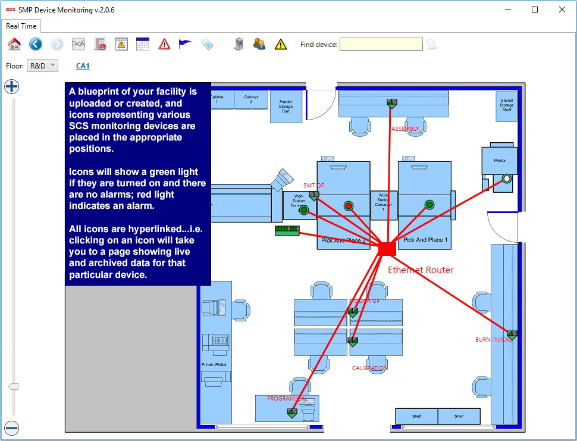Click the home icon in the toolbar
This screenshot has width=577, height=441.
point(14,44)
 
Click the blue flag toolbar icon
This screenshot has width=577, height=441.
point(186,44)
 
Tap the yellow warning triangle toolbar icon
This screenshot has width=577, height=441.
point(281,44)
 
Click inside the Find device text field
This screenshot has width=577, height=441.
point(381,44)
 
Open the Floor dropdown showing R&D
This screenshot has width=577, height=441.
point(43,65)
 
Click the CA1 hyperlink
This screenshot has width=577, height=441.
point(83,66)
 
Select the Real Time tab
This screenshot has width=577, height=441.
point(21,26)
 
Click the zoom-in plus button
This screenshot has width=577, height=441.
point(12,87)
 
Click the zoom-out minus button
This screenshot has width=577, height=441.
point(12,428)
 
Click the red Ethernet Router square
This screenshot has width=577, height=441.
point(387,248)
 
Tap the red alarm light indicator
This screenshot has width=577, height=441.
point(349,206)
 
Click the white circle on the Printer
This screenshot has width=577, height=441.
point(507,178)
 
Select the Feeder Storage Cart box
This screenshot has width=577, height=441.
point(286,107)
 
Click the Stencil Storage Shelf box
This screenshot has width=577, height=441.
point(506,105)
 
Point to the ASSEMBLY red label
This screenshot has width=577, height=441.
point(405,129)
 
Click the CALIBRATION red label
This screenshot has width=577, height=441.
point(369,368)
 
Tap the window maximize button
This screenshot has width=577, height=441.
point(535,10)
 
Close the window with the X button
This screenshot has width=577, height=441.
point(562,10)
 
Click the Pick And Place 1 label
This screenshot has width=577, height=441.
point(425,240)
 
